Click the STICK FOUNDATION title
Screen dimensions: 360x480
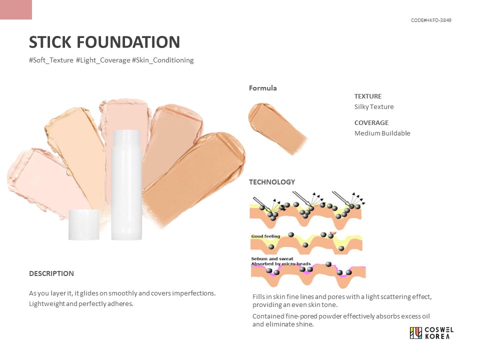(x=104, y=42)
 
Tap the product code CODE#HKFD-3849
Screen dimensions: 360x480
(x=431, y=20)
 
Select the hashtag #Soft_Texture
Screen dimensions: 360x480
(x=51, y=60)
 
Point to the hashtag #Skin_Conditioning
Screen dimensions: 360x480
(x=162, y=60)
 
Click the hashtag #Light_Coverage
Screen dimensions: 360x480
(x=102, y=60)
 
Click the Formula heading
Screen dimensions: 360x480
(x=262, y=88)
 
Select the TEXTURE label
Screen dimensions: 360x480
(x=367, y=96)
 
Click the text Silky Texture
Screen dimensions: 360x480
(x=374, y=106)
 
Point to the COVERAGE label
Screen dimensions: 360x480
(x=371, y=122)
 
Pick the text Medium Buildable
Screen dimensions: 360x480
(x=382, y=133)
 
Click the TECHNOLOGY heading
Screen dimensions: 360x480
(x=272, y=182)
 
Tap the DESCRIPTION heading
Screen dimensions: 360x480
(x=51, y=273)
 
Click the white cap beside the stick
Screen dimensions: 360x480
(x=83, y=224)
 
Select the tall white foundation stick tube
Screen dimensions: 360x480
(x=125, y=184)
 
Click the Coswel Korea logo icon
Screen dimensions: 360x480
(x=415, y=333)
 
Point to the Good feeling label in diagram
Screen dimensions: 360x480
(x=265, y=236)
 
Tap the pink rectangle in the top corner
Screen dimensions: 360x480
(x=16, y=9)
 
